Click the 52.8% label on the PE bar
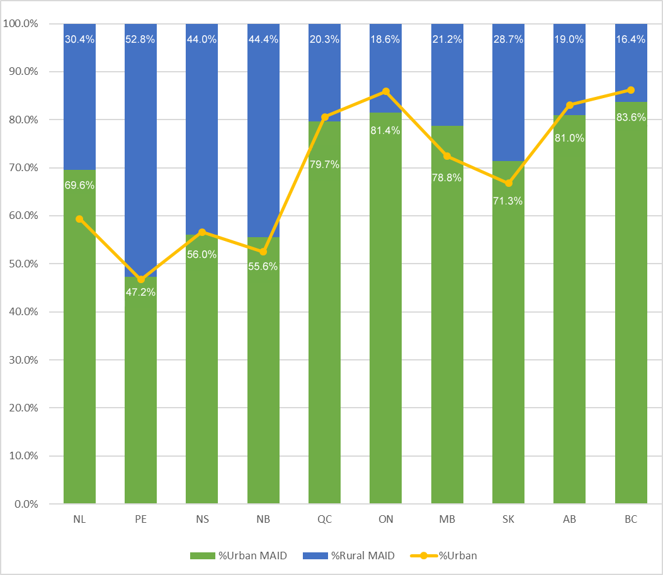[140, 39]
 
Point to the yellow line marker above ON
[386, 92]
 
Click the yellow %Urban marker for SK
[508, 183]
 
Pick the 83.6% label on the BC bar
[631, 117]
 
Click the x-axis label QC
[325, 520]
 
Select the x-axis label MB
[447, 520]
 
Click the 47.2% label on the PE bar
[140, 292]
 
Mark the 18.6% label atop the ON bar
[386, 39]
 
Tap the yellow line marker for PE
[140, 279]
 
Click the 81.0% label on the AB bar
[570, 138]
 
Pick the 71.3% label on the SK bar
[508, 201]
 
